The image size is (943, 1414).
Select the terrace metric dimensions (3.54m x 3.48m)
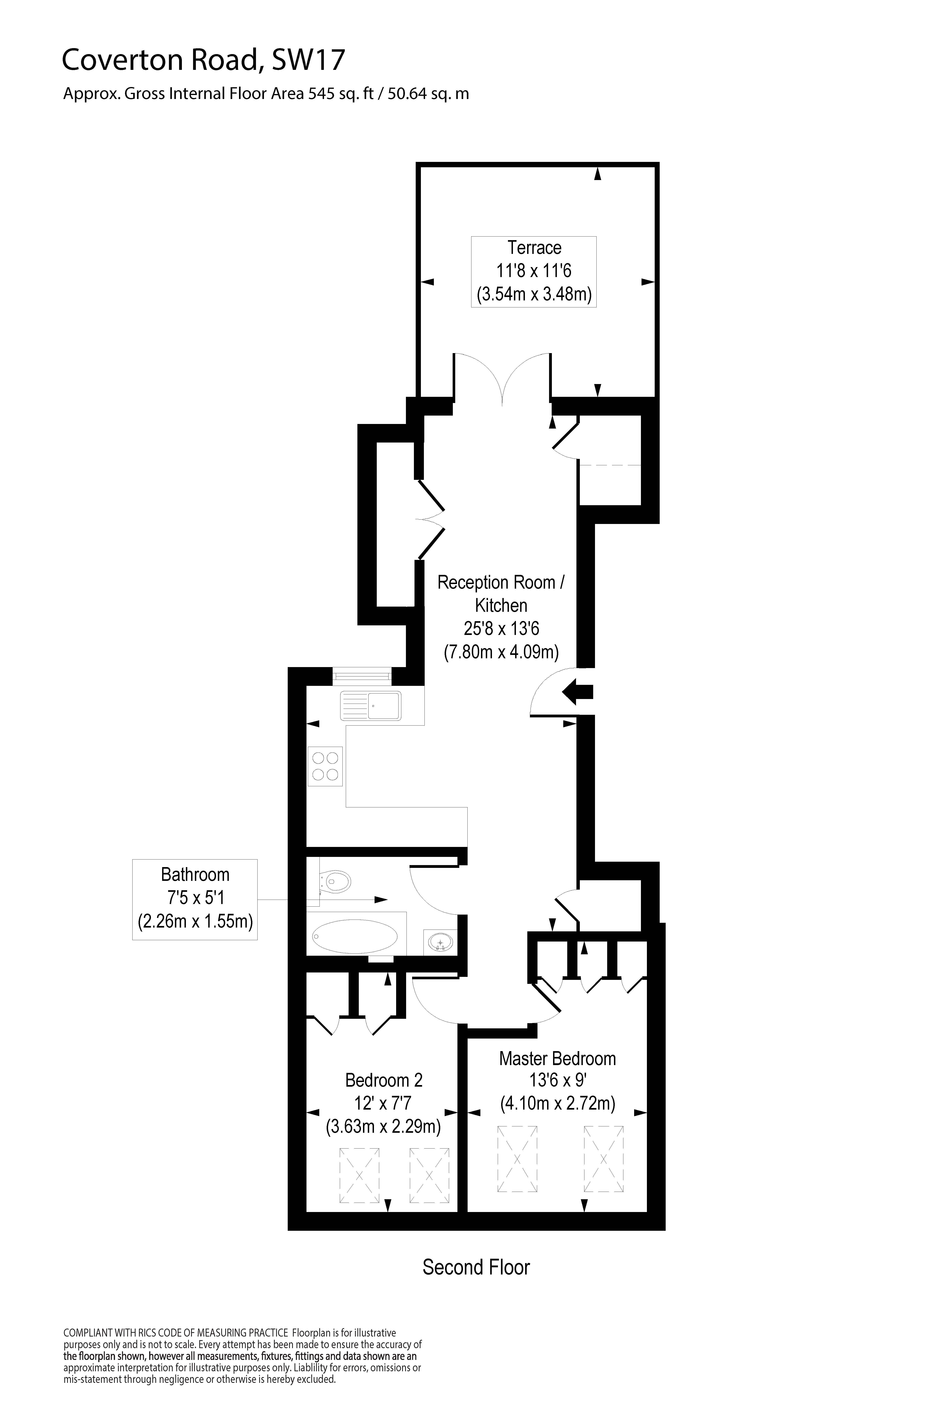tap(534, 295)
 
